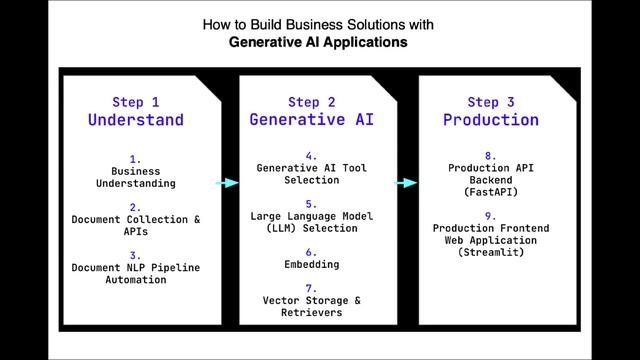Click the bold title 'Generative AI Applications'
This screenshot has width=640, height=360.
point(319,43)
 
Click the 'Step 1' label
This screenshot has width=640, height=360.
point(136,101)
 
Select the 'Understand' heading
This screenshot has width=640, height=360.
point(136,120)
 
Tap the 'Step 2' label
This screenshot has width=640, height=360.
point(312,101)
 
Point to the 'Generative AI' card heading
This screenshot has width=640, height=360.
point(312,120)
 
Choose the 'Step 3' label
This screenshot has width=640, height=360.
point(491,101)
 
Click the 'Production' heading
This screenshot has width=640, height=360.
point(491,120)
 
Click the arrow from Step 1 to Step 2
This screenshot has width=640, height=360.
point(227,183)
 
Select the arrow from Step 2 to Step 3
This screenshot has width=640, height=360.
point(405,183)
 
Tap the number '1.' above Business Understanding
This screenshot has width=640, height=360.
point(136,158)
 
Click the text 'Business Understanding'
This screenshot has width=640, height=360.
point(136,177)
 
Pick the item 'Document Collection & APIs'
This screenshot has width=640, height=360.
point(136,224)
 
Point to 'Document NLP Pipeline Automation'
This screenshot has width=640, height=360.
point(136,273)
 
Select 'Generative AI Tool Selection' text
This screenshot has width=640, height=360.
point(312,173)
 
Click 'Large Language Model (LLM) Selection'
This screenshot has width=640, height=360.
point(312,221)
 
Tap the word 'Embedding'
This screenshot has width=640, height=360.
point(312,265)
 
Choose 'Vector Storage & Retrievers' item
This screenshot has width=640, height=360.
point(312,306)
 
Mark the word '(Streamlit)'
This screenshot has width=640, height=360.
point(491,253)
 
